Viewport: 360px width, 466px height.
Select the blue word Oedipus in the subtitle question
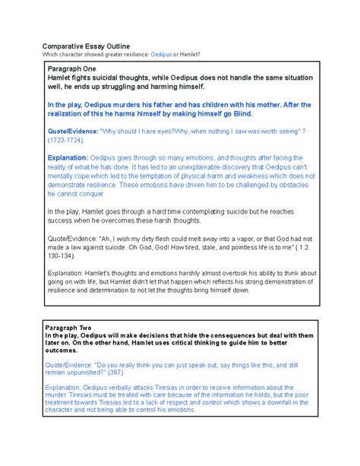[162, 54]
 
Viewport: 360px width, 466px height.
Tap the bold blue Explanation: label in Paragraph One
[72, 158]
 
